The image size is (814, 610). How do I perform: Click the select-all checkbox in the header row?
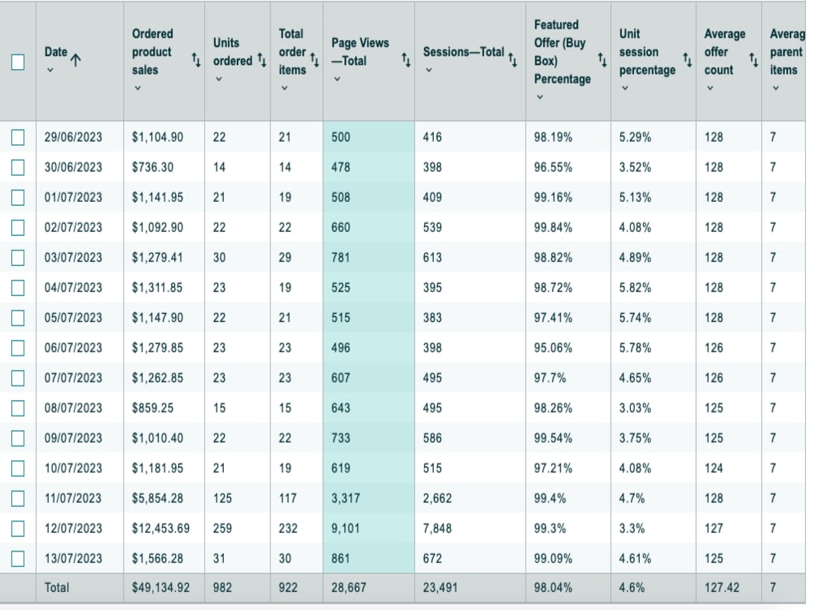[x=18, y=62]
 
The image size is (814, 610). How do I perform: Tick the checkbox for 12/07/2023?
[x=18, y=529]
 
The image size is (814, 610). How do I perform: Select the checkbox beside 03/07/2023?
[x=18, y=258]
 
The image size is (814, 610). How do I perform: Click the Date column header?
[x=56, y=52]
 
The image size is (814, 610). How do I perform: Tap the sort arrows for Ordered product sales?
[x=196, y=60]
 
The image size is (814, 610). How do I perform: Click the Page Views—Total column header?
[x=361, y=52]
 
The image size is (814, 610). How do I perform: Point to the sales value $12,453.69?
[x=160, y=529]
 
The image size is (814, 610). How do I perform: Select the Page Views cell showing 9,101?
[x=345, y=529]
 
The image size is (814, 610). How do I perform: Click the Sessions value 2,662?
[x=437, y=499]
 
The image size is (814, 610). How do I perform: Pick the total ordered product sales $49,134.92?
[x=160, y=588]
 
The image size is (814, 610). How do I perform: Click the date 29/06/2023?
[x=73, y=137]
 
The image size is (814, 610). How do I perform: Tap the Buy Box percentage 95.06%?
[x=553, y=348]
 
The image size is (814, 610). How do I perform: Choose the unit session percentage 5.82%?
[x=635, y=288]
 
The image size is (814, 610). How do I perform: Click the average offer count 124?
[x=714, y=468]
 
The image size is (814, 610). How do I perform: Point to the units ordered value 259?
[x=222, y=529]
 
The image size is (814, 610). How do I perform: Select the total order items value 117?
[x=287, y=499]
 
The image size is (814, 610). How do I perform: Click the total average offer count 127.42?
[x=721, y=588]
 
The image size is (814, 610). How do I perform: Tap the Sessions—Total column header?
[x=464, y=52]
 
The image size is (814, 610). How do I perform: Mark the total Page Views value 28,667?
[x=349, y=588]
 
